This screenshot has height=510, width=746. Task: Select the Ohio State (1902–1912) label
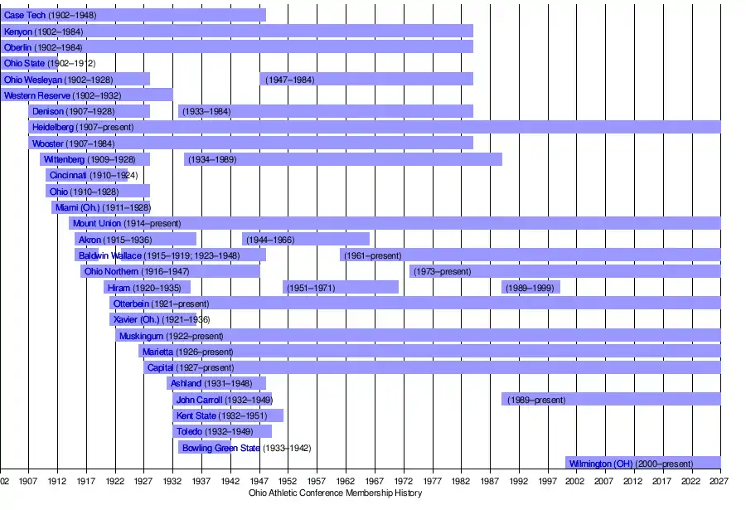[25, 63]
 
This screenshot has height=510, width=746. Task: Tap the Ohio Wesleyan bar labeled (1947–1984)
[366, 80]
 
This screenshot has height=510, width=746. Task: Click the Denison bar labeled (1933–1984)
[325, 111]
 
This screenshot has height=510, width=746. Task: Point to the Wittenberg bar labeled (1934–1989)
[342, 159]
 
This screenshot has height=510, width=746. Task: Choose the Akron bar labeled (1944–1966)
[305, 240]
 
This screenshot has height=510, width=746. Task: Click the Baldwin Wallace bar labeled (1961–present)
[530, 255]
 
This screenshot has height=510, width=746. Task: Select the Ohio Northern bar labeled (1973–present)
[564, 271]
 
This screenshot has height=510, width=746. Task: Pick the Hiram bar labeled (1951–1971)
[341, 288]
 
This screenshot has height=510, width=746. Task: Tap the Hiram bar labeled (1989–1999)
[530, 288]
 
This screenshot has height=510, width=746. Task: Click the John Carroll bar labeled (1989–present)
[610, 400]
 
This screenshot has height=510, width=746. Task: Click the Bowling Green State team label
[220, 448]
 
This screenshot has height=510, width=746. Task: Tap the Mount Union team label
[97, 223]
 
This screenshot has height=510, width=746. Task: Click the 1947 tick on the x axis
[259, 480]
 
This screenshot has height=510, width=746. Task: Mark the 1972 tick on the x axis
[404, 480]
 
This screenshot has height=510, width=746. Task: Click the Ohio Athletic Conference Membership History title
[335, 493]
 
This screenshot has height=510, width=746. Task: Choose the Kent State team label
[196, 415]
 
